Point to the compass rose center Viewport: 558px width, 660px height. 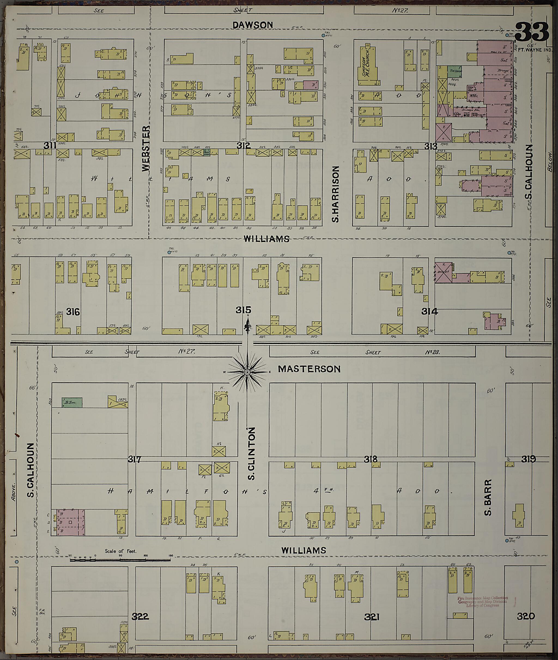pos(247,372)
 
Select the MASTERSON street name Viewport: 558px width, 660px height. pos(309,369)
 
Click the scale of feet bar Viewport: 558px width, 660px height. pos(120,560)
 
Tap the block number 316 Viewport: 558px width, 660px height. pos(73,312)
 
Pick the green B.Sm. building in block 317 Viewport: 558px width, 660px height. pos(72,402)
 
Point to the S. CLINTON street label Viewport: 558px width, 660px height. pos(251,453)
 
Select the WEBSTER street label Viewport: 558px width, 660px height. pos(145,149)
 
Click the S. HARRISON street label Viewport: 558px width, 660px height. pos(336,194)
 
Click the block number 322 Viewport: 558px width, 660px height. pos(140,616)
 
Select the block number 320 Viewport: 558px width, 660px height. pos(526,616)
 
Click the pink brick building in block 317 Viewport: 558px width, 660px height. pos(71,522)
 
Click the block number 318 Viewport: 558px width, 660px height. pos(371,459)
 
